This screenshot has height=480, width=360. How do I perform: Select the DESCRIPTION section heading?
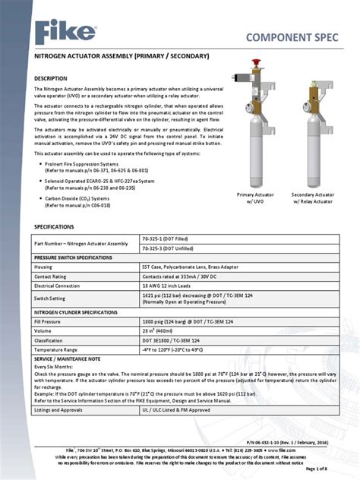click(x=55, y=78)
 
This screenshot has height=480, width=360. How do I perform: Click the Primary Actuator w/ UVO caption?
click(x=255, y=199)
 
